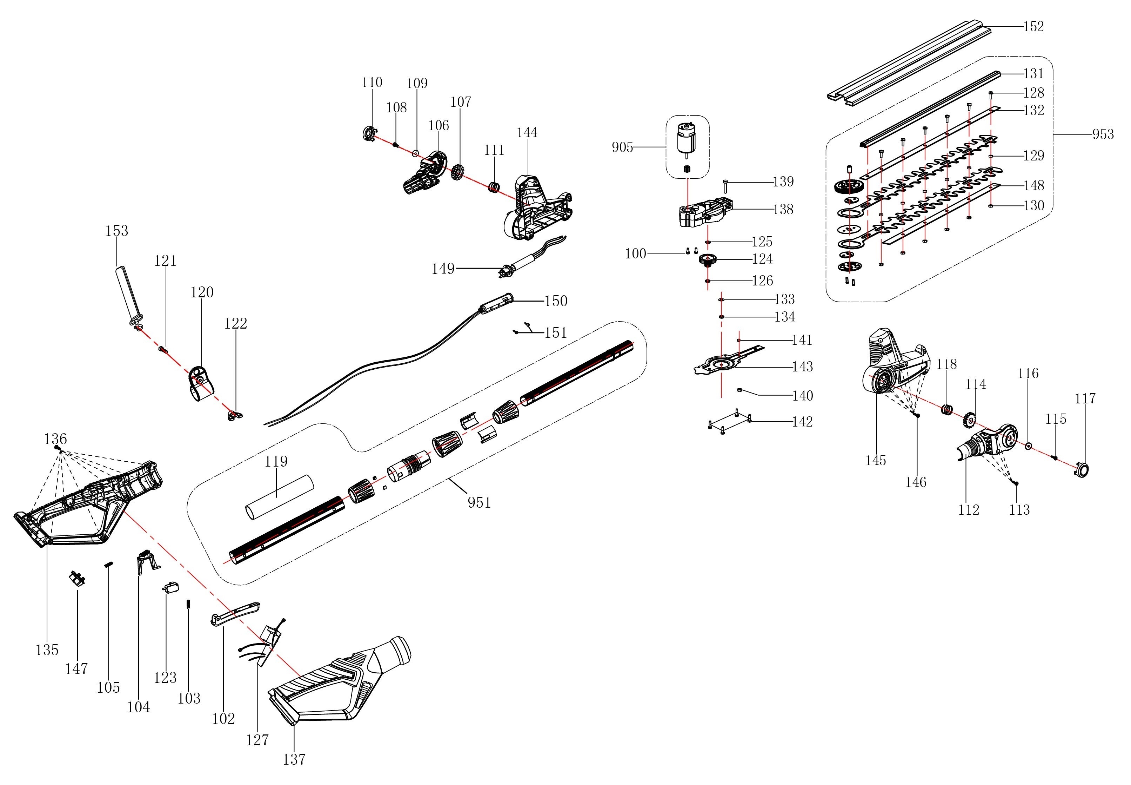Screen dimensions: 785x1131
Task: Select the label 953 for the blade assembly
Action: [1103, 134]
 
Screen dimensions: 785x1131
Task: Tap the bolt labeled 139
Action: [726, 187]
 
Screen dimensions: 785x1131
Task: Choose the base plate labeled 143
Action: [723, 365]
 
